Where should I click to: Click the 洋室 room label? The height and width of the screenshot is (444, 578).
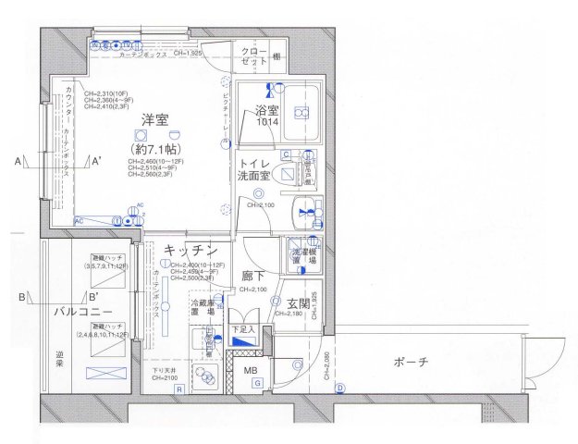[154, 120]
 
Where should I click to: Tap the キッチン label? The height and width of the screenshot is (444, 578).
[191, 250]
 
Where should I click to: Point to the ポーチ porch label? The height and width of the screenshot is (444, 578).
[410, 362]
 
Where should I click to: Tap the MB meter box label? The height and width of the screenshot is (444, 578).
[251, 372]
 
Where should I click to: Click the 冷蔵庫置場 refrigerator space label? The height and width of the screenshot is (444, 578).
[202, 308]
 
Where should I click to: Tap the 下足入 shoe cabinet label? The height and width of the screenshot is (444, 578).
[241, 328]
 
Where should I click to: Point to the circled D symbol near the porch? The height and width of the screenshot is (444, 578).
[339, 387]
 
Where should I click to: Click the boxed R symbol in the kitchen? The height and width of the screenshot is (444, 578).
[179, 389]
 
